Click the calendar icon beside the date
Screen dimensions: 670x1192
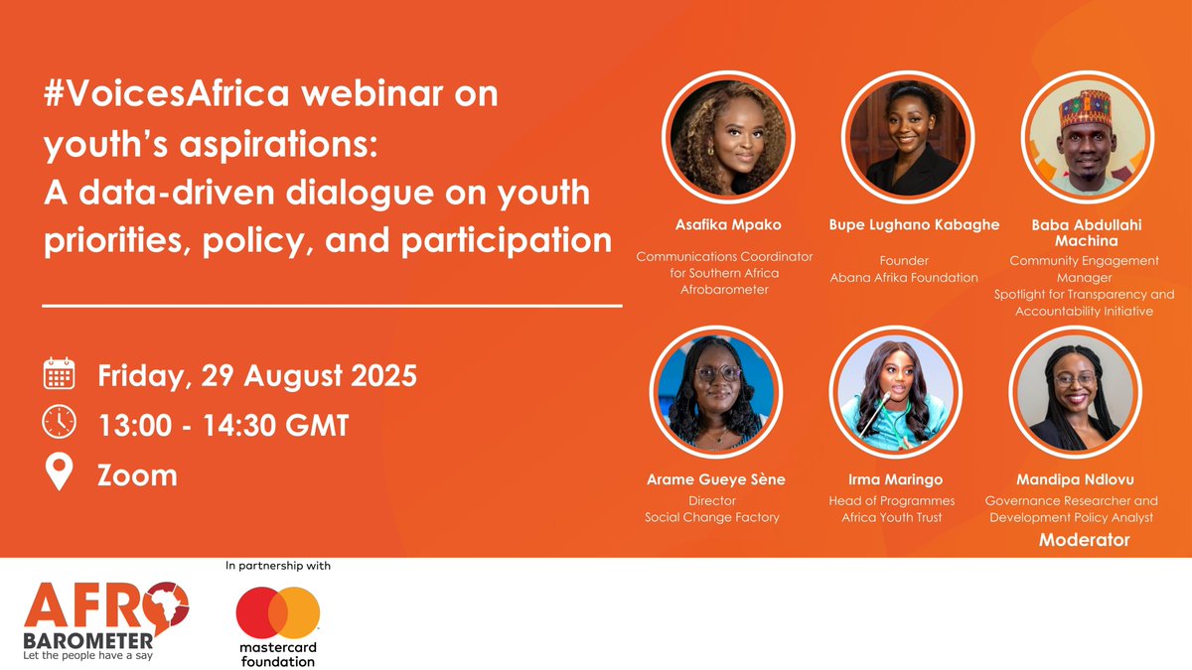[x=60, y=374]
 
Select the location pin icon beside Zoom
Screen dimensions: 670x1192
[x=60, y=473]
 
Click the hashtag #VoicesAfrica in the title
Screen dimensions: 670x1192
[x=158, y=97]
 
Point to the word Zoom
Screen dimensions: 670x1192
[x=137, y=474]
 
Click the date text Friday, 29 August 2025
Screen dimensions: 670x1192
[x=257, y=376]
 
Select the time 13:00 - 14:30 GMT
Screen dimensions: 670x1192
[x=223, y=425]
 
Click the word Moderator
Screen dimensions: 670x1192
[x=1084, y=540]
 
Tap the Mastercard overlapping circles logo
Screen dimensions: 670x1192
[x=278, y=613]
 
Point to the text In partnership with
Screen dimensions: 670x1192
[x=278, y=567]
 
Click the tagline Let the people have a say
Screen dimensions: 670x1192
[x=96, y=654]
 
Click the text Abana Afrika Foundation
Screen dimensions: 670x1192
[x=904, y=278]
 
